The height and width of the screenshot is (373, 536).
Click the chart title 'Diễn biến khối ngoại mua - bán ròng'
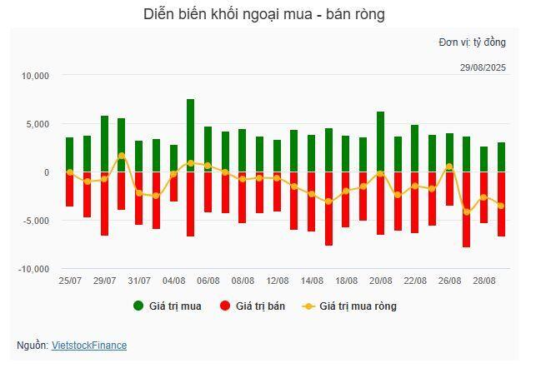(263, 14)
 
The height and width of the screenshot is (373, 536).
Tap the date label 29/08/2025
(483, 67)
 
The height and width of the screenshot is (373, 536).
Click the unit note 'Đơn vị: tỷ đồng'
(472, 42)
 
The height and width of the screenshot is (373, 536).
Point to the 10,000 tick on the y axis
(36, 76)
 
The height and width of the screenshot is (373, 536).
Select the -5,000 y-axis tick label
(36, 221)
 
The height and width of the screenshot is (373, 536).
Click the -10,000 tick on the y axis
(34, 269)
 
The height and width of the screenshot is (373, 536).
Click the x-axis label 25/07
(70, 281)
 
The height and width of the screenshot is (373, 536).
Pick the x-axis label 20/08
(381, 281)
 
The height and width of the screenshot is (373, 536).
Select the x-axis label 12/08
(278, 281)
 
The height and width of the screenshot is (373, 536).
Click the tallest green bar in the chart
(191, 136)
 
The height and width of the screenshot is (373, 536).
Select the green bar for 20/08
(380, 142)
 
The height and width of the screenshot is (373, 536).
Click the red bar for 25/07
(70, 189)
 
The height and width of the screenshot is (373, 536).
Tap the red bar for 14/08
(312, 201)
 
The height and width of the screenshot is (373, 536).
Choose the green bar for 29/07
(104, 144)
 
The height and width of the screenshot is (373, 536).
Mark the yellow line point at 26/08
(449, 167)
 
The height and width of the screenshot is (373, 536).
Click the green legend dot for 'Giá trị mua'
(138, 306)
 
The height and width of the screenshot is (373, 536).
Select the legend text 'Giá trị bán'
(260, 306)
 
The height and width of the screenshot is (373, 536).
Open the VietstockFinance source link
(89, 345)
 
